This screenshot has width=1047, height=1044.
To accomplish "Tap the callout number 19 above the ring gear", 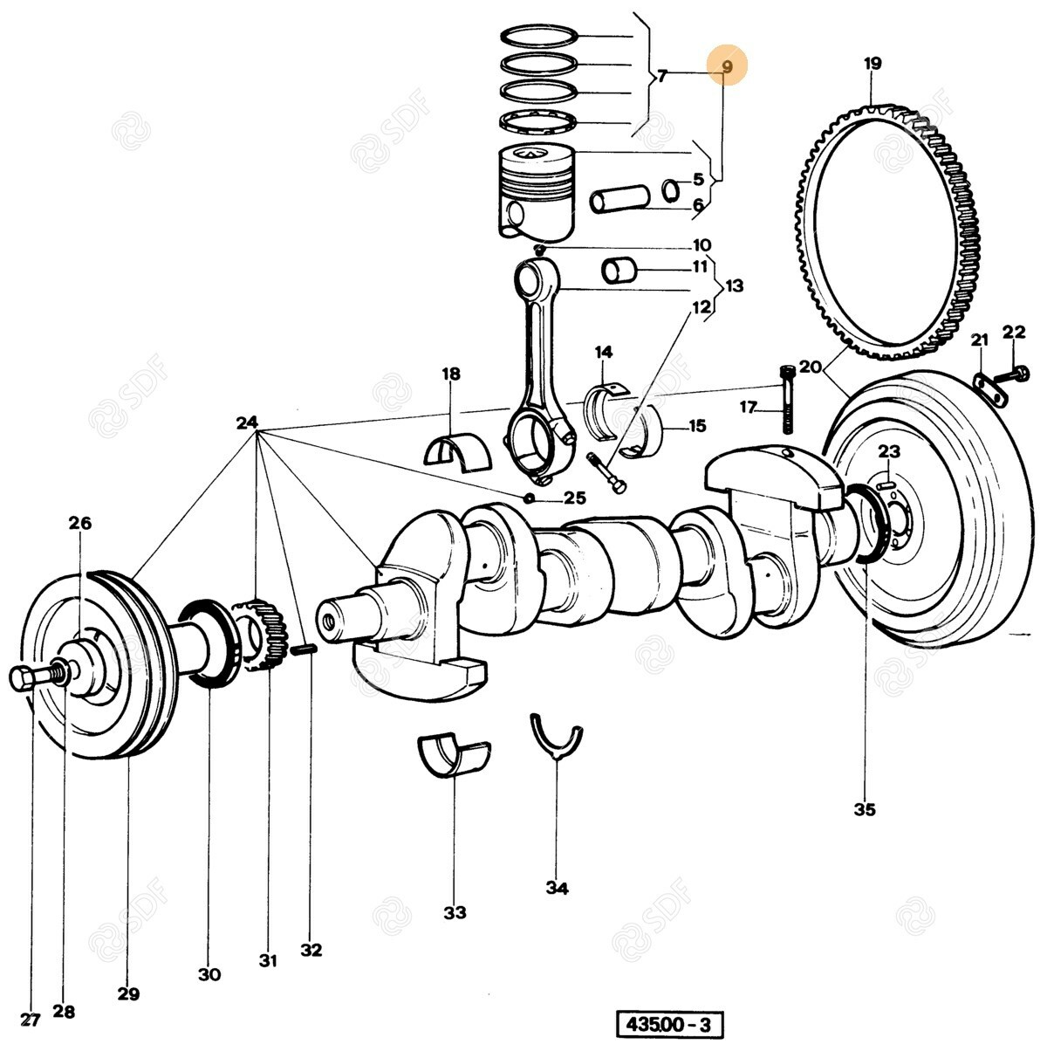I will (872, 63).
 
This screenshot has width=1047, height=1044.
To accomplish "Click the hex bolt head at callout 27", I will (23, 677).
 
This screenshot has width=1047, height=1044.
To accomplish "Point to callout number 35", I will (864, 809).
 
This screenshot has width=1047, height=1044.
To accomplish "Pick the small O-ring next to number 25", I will (529, 498).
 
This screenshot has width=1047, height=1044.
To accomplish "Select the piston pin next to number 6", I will (619, 198).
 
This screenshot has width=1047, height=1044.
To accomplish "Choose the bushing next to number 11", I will (620, 271).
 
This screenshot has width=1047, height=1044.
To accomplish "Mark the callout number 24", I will (248, 423).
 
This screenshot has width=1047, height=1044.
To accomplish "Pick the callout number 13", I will (735, 285).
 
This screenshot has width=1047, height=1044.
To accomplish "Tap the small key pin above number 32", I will (305, 649).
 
